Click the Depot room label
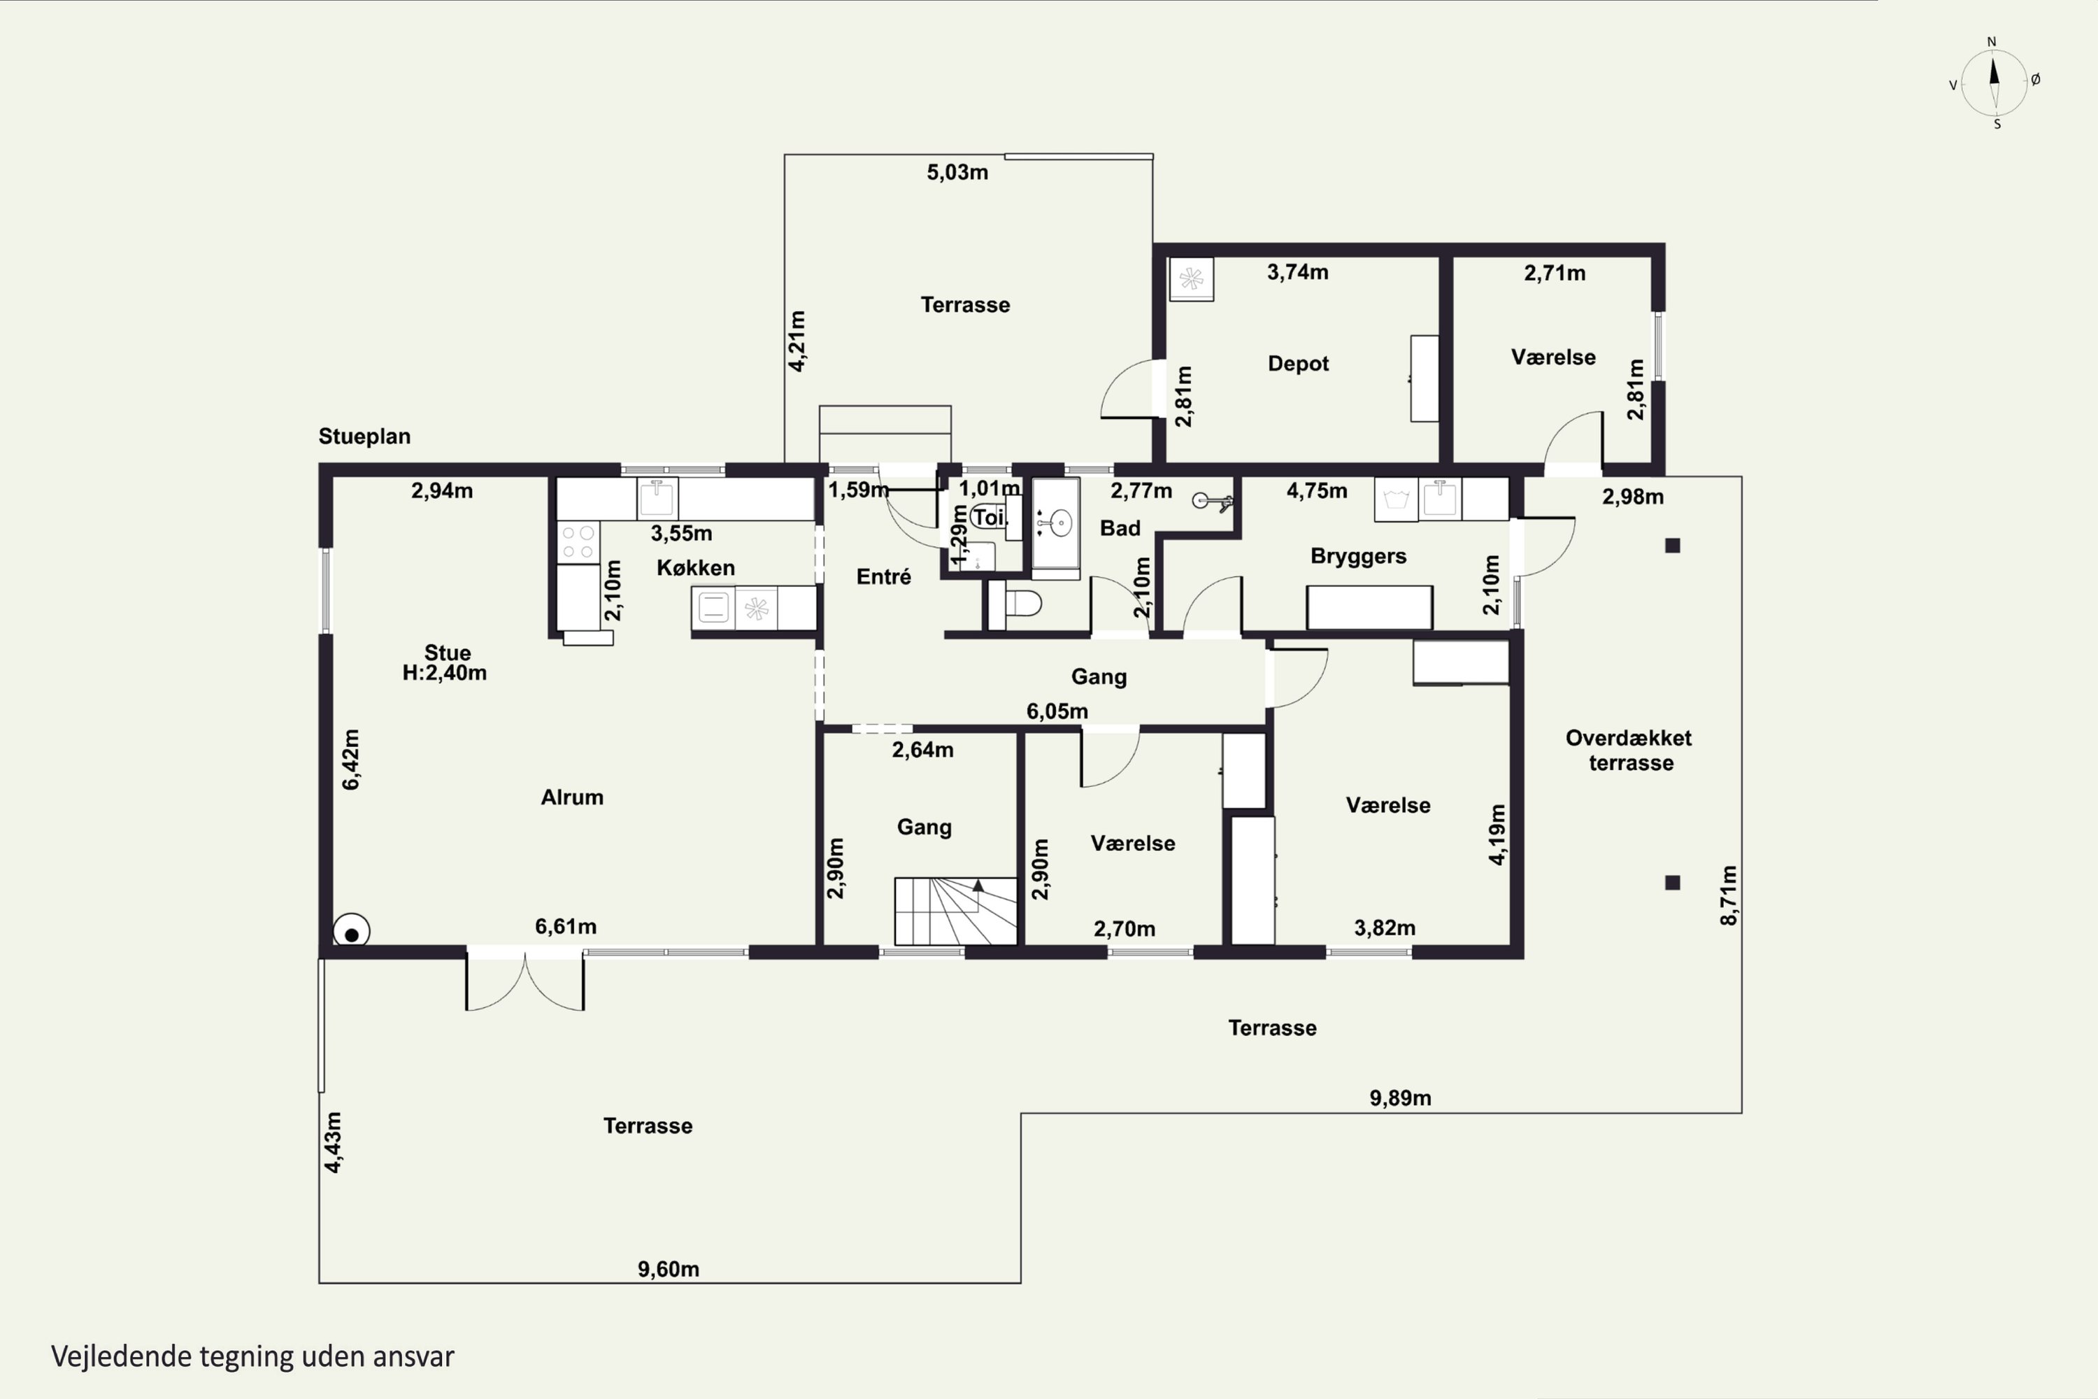click(x=1298, y=364)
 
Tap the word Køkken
click(x=696, y=568)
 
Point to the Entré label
click(x=883, y=576)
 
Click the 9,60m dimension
click(x=668, y=1269)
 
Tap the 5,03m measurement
click(x=957, y=172)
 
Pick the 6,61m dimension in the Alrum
click(x=566, y=926)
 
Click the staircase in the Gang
click(x=955, y=911)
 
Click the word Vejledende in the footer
click(x=121, y=1356)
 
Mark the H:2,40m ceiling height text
click(x=444, y=673)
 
